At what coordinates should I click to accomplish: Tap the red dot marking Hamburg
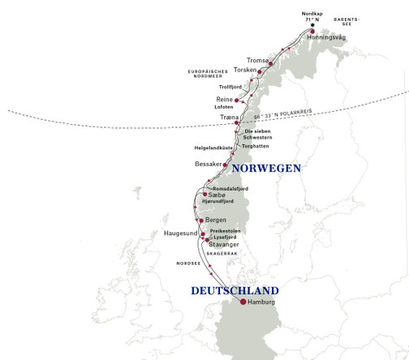pos(243,302)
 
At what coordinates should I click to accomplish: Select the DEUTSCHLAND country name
pos(235,290)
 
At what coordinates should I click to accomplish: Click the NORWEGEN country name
pos(266,169)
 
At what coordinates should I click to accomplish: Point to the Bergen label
pos(217,220)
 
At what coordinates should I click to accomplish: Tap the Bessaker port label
pos(209,165)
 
